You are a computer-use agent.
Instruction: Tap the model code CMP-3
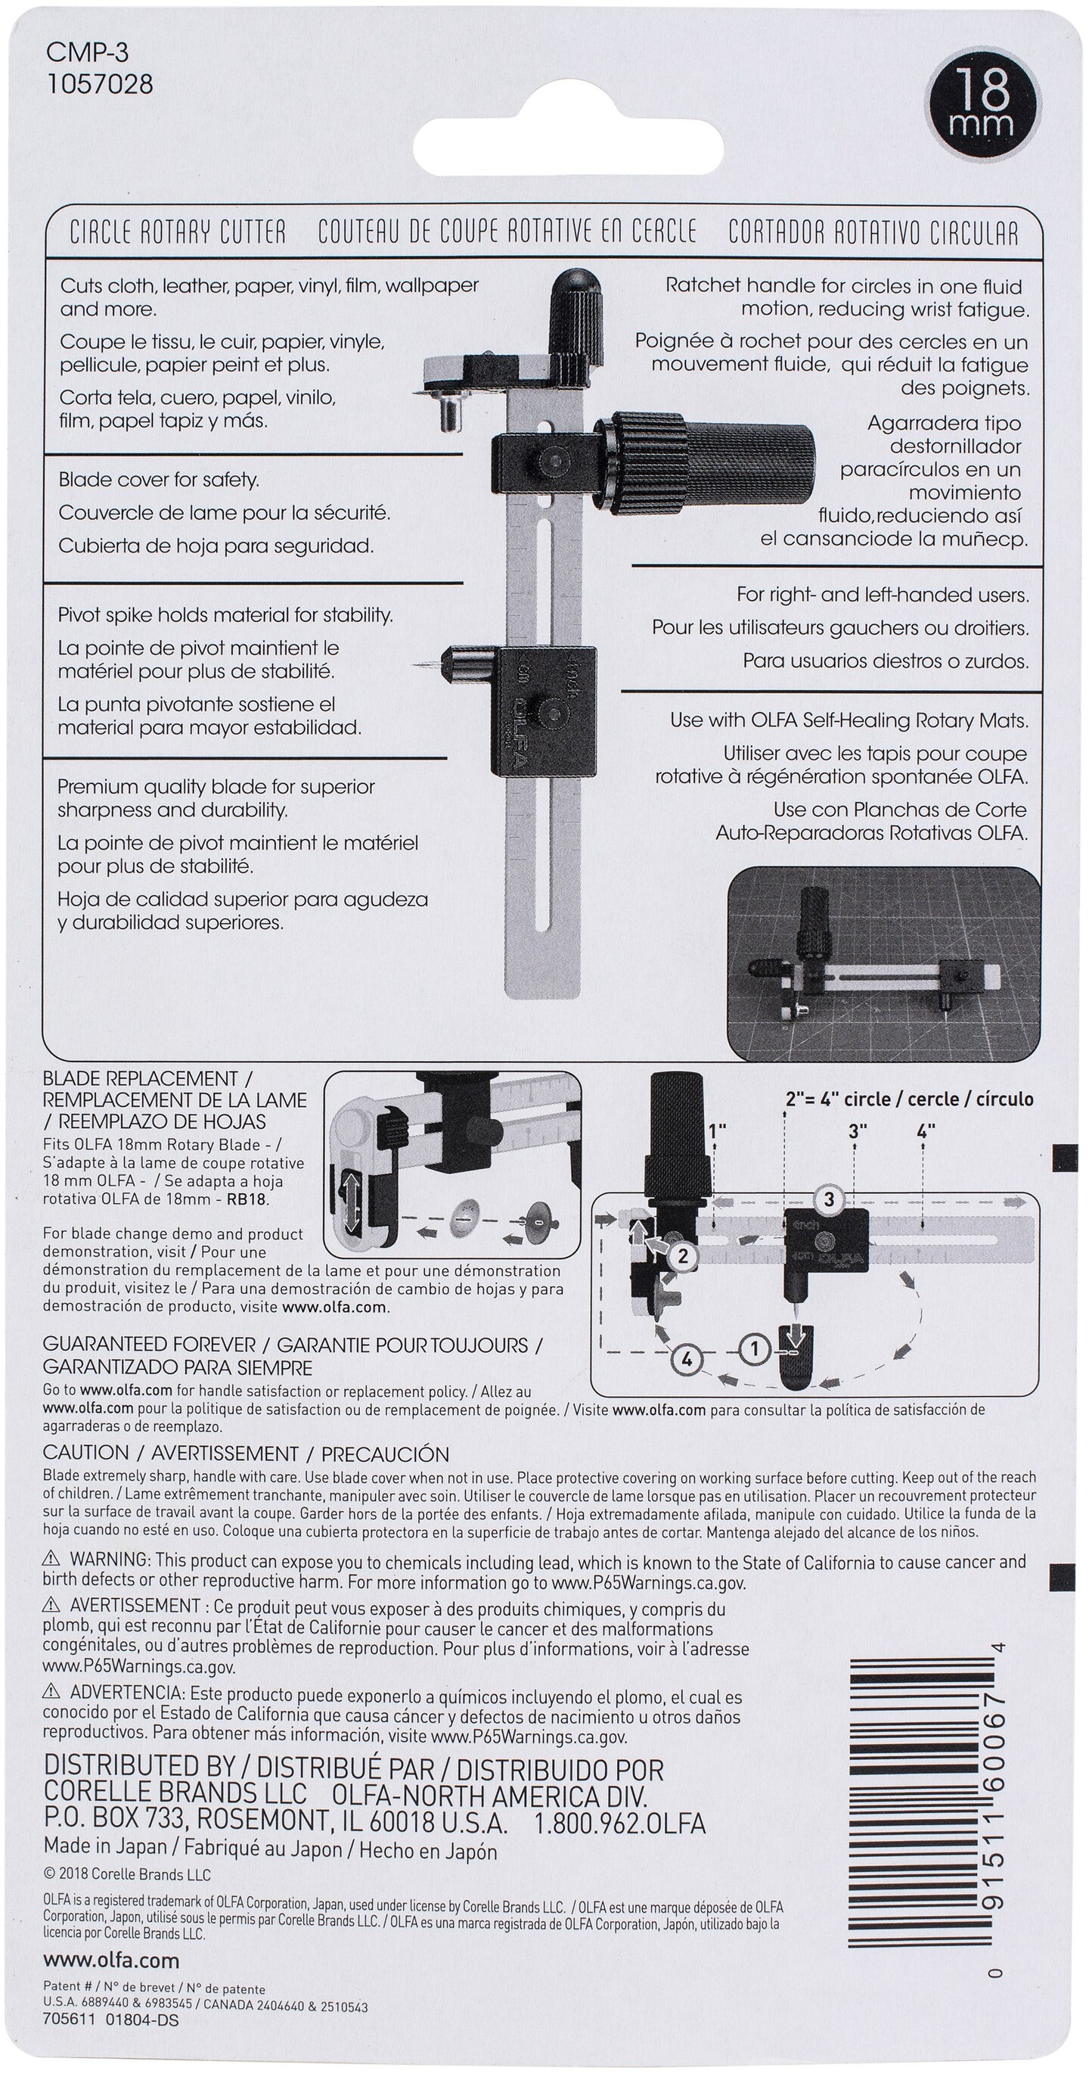point(87,53)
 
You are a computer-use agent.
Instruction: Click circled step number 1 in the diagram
point(754,1348)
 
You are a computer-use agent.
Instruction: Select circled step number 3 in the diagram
point(829,1199)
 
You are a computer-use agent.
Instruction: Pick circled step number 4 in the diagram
point(687,1360)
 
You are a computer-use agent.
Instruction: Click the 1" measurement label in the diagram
point(715,1130)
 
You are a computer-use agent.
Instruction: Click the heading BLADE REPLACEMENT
point(140,1079)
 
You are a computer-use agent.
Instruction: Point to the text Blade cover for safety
point(159,480)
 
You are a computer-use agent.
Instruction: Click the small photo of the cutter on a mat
point(883,962)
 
